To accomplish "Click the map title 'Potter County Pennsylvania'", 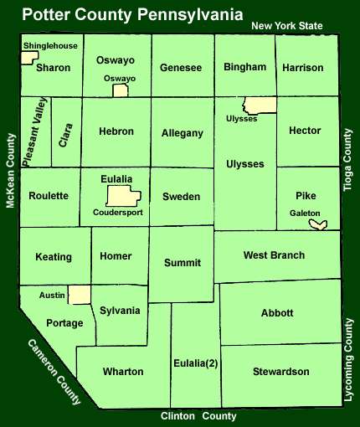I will pos(132,14).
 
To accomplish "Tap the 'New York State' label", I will pos(287,26).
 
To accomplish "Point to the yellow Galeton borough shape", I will pos(318,224).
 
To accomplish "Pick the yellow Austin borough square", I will pos(80,295).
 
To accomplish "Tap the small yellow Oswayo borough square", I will pos(121,90).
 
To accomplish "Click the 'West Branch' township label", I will pos(274,255).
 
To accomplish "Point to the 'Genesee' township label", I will pos(181,67).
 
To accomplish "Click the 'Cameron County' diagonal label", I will pos(54,371).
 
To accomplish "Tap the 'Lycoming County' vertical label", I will pos(349,359).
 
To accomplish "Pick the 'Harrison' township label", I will pos(303,67).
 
